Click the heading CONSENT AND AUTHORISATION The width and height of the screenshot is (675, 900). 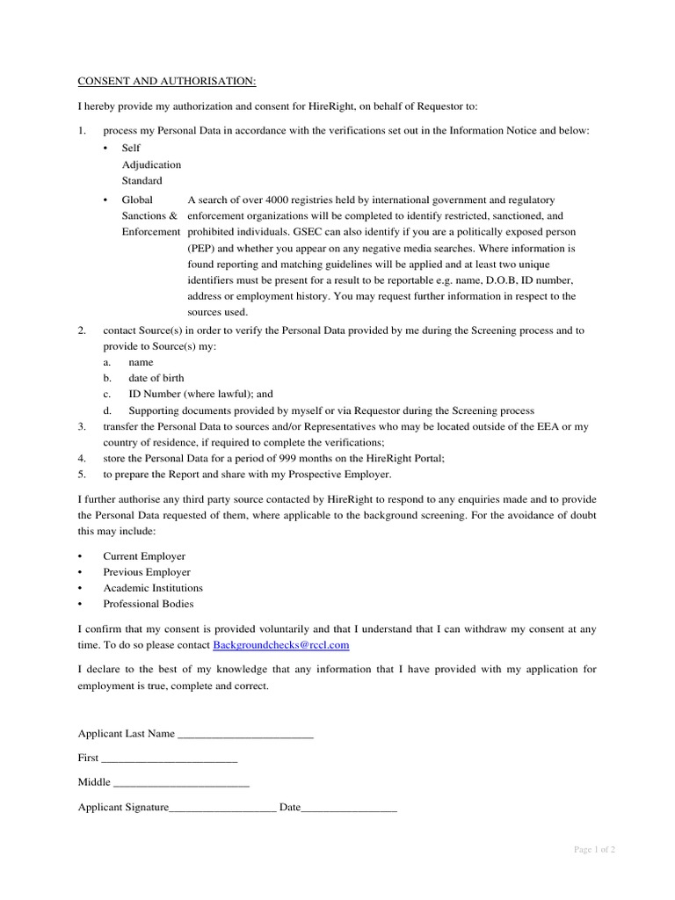(167, 82)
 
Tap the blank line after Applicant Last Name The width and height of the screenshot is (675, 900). (245, 735)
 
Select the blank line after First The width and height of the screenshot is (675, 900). (170, 758)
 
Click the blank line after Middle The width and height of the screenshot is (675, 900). (182, 783)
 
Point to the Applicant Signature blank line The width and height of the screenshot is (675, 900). (222, 808)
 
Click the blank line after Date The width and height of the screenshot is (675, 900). (349, 808)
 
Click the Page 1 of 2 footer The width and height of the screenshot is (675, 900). (594, 850)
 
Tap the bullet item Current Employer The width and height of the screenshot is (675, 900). (144, 556)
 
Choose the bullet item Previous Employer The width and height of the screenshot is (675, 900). (147, 572)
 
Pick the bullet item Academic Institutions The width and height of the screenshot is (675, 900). (153, 588)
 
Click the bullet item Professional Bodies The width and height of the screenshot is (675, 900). (149, 604)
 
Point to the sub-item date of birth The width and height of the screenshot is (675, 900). (156, 379)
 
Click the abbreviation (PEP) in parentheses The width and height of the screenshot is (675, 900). (201, 249)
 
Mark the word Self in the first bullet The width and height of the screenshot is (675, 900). (131, 149)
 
